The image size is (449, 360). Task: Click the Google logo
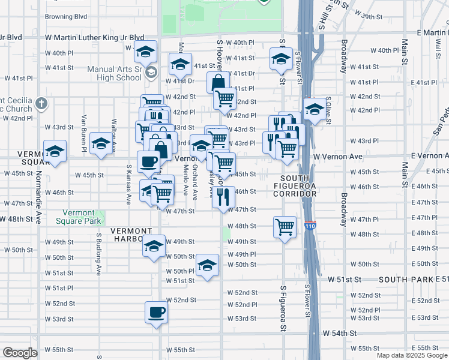[x=20, y=353]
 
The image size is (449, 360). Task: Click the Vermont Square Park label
[x=81, y=217]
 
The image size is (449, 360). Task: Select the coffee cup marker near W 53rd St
[x=157, y=313]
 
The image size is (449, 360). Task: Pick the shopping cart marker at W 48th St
[x=285, y=227]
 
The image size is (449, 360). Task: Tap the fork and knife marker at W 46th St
[x=223, y=197]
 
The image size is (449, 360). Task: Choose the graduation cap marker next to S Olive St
[x=314, y=109]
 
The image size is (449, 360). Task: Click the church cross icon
[x=41, y=103]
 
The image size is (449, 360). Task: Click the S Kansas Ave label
[x=128, y=184]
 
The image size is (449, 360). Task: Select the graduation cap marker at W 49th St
[x=154, y=246]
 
